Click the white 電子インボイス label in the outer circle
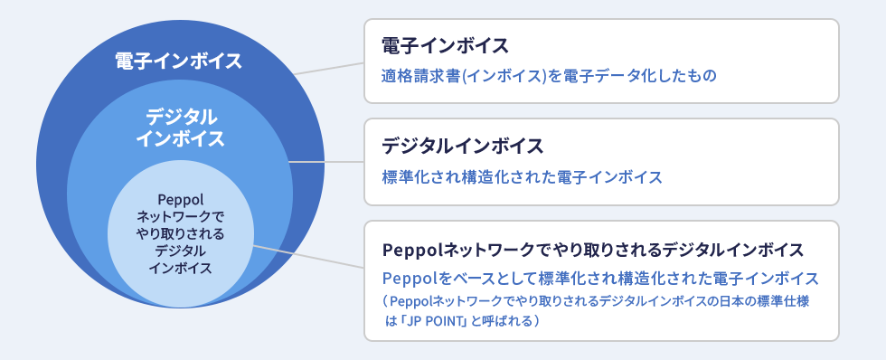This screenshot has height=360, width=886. pos(179,61)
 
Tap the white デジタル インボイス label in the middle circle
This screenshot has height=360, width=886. pos(180,128)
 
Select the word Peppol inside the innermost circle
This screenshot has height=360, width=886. pos(180,199)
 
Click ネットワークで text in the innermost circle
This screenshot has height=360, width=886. pos(180,216)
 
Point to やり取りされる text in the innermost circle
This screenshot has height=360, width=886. pos(180,233)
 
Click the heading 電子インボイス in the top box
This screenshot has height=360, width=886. pos(445,46)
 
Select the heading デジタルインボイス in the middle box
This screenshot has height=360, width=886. pos(463,147)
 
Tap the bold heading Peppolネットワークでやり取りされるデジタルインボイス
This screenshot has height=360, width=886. pos(593,250)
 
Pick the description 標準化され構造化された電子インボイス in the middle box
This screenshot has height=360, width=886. pos(523,177)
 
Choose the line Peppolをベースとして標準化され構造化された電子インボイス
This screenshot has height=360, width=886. pos(600,278)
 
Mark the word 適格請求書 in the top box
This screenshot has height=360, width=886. pos(421,76)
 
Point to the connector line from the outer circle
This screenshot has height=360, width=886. pos(329,69)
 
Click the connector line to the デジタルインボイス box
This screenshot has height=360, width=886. pos(326,162)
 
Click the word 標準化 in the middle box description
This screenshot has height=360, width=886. pos(405,177)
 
